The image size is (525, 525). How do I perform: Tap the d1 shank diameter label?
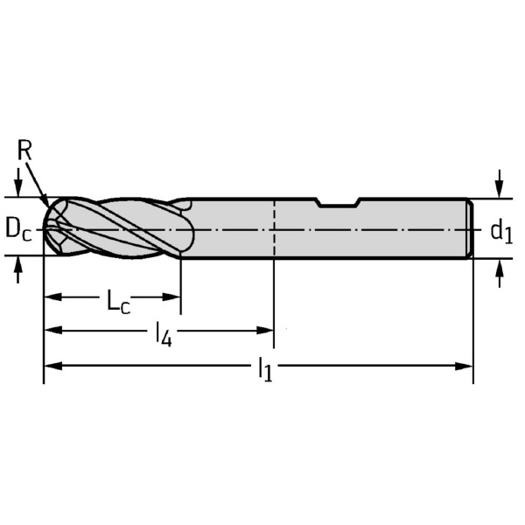(x=501, y=232)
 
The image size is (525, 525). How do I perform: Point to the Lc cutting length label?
(x=118, y=301)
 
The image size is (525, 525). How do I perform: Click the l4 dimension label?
(x=164, y=334)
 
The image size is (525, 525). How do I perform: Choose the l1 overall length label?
(x=265, y=369)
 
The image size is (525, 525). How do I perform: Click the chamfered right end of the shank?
(x=470, y=228)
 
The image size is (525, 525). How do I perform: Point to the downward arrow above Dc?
(x=18, y=182)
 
